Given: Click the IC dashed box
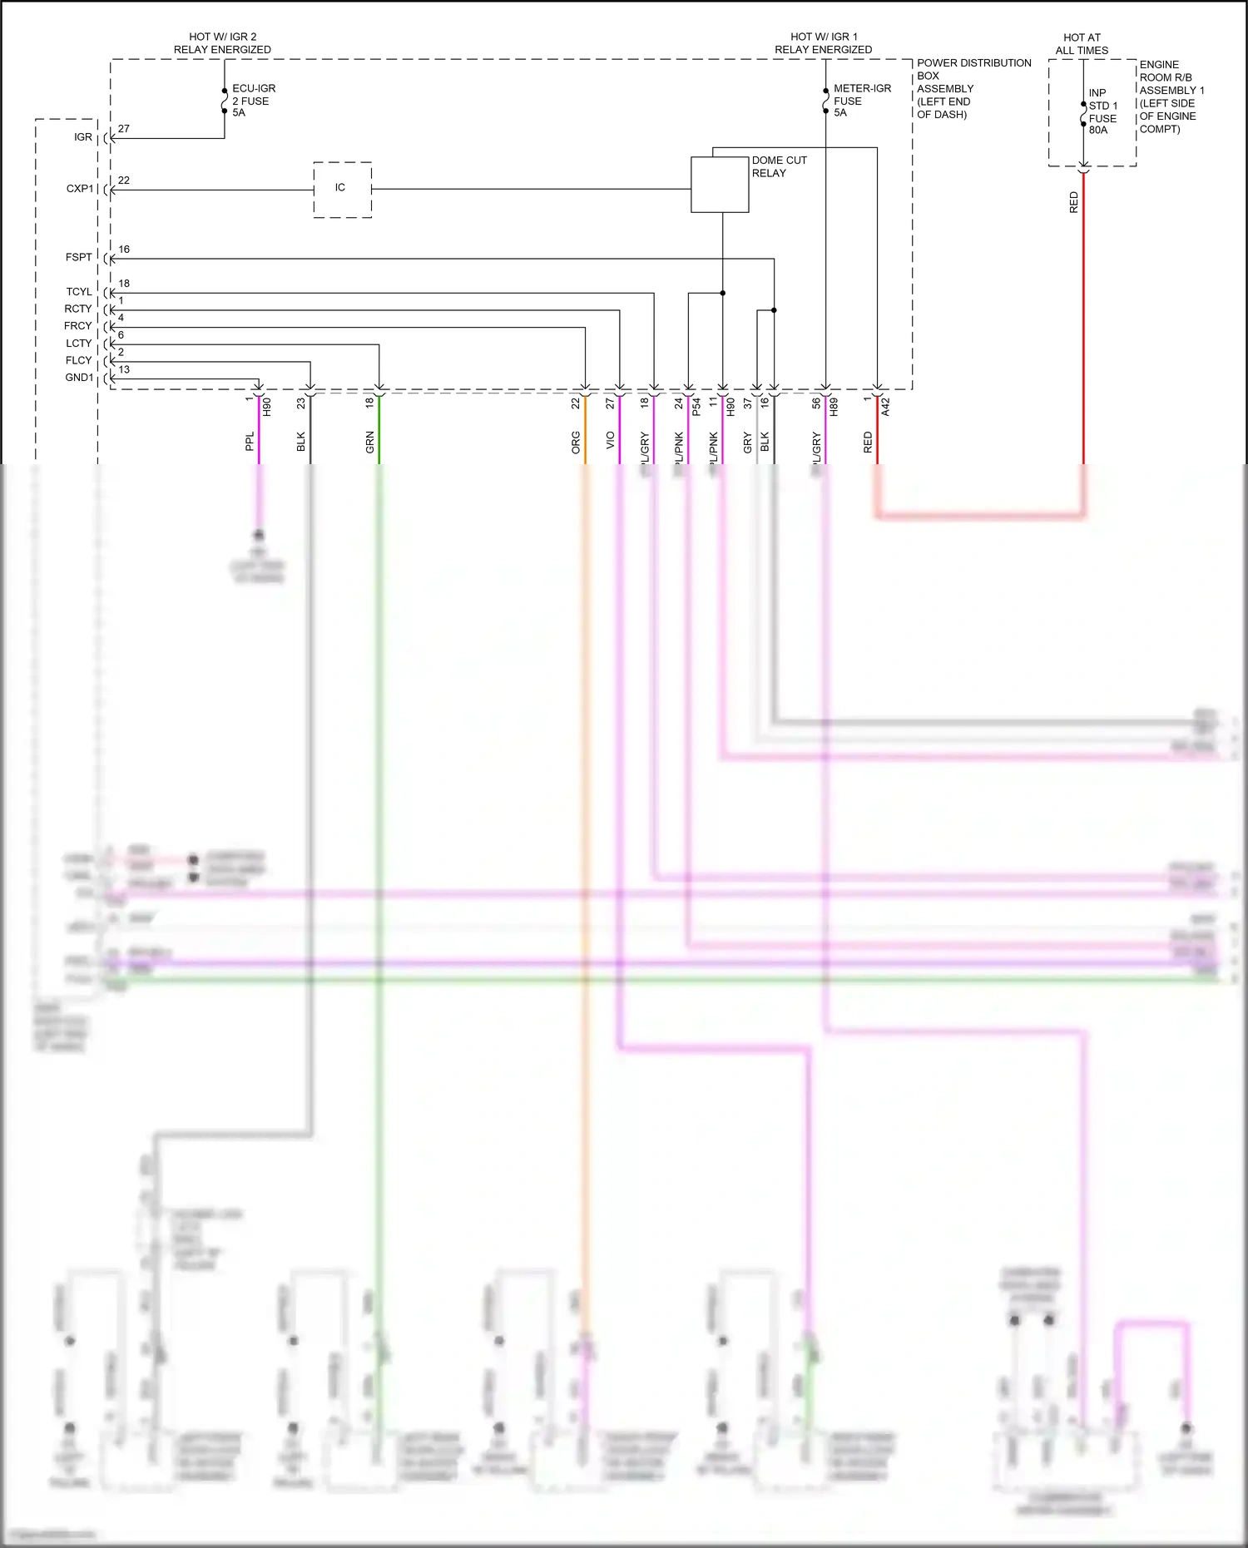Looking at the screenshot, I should click(342, 189).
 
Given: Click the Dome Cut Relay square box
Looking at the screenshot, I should click(720, 185).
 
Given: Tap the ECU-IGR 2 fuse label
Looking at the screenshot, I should click(253, 101).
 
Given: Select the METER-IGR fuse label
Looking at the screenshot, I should click(861, 101).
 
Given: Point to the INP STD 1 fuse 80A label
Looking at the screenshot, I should click(1103, 111).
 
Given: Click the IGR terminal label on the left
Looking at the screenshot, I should click(83, 137).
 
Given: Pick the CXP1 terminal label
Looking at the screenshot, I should click(80, 189).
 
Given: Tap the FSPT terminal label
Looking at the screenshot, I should click(79, 257).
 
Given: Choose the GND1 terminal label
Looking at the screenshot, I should click(79, 378).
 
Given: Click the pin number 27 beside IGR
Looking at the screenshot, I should click(124, 129).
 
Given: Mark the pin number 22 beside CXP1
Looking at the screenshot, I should click(124, 181).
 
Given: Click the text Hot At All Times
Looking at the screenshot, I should click(1082, 44).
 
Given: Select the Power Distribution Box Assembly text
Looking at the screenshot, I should click(972, 88).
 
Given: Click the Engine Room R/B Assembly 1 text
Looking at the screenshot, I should click(1171, 96).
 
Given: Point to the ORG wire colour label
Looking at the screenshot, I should click(576, 443).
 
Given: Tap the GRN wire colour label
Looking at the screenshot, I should click(369, 443).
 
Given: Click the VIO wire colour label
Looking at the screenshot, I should click(610, 441).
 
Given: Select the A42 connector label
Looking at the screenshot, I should click(885, 407).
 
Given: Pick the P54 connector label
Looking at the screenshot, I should click(696, 407).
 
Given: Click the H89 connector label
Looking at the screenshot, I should click(834, 407).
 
